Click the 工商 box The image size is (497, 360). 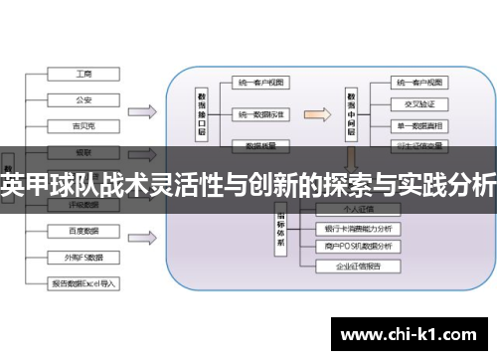(83, 74)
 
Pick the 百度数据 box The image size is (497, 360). (83, 231)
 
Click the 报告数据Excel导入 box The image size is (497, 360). (83, 282)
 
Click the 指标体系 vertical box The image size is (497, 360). (282, 235)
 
